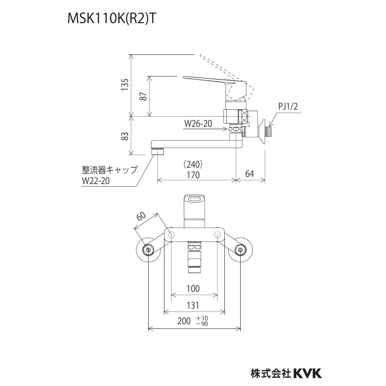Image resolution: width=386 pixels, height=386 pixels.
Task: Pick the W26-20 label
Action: pos(199,124)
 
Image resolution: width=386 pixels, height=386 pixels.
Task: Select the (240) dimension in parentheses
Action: pos(193,164)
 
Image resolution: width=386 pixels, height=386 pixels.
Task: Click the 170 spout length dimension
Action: pos(193,175)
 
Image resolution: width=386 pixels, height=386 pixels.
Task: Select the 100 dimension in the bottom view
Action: pos(193,289)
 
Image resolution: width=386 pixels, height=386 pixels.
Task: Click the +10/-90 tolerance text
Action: pos(202,320)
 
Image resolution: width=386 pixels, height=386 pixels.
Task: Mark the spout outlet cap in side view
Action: pos(158,151)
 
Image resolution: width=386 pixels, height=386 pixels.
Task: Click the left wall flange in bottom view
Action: pos(148,250)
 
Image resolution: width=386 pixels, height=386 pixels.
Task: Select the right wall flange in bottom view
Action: pos(241,250)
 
